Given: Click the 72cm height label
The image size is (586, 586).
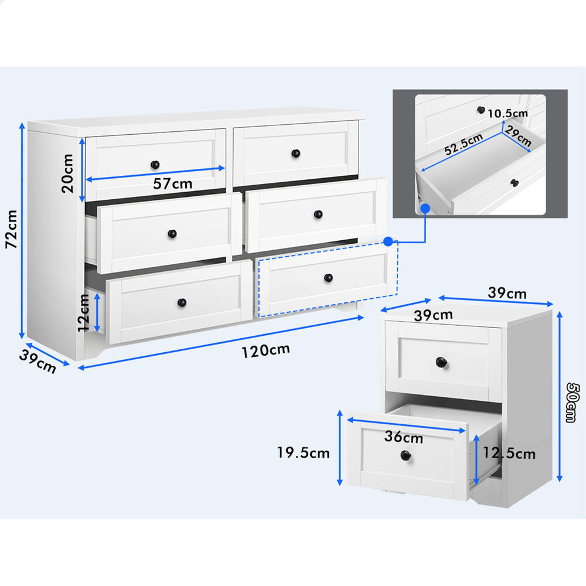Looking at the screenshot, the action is [12, 229].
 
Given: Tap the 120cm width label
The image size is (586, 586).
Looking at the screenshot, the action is [265, 350].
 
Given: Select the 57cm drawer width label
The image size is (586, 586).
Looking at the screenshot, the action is [173, 183].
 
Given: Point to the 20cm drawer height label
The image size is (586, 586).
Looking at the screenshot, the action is [67, 173].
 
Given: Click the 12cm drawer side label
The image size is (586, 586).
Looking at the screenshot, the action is [84, 313].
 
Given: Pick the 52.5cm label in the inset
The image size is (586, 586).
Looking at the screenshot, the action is [464, 144].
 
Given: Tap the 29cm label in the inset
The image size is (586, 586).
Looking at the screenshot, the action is [518, 137].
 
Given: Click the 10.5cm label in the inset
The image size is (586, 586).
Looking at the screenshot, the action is [507, 113].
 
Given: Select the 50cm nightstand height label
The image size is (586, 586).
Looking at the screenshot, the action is [573, 403].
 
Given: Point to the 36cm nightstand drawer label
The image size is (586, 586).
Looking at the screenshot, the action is [404, 437].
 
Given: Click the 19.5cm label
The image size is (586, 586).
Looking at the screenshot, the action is [303, 453].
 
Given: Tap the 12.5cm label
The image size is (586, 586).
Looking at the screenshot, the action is [509, 454].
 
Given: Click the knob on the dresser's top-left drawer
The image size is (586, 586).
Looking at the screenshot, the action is [155, 165].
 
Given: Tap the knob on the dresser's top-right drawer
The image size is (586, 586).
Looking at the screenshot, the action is [295, 153].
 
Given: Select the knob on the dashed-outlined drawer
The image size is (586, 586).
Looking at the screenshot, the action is [328, 278].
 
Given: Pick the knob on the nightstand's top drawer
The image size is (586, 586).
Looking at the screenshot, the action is [441, 362].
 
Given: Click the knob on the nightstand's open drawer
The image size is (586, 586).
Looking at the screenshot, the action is [406, 455].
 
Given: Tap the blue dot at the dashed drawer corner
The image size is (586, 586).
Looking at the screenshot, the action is [389, 241].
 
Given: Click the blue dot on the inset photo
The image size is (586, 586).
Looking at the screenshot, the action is [425, 208].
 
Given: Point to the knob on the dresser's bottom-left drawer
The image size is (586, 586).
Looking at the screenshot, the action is [182, 302].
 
